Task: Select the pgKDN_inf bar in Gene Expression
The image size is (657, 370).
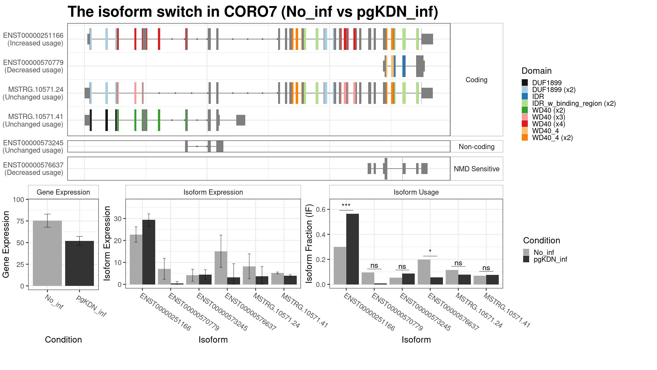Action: pos(79,263)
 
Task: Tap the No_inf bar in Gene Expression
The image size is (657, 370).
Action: pos(47,253)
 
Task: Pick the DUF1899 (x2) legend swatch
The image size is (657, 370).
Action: pos(525,90)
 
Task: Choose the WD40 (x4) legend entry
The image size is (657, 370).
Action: pos(549,124)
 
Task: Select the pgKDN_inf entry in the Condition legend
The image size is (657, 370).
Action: pos(550,259)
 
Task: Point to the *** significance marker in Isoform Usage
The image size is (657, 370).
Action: pos(346,206)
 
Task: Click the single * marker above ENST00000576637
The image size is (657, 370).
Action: pos(430,251)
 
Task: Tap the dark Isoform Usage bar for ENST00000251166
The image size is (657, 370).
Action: pos(353,249)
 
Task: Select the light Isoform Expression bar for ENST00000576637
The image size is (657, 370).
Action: pos(221,268)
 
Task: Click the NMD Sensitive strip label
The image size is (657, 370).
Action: pos(477,169)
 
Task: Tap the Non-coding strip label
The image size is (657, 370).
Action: pos(477,147)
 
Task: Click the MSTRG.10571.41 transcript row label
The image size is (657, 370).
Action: pos(36,116)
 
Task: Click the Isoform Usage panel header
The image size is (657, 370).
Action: pos(416,192)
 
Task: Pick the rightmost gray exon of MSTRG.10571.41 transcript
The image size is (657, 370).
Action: pos(241,120)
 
